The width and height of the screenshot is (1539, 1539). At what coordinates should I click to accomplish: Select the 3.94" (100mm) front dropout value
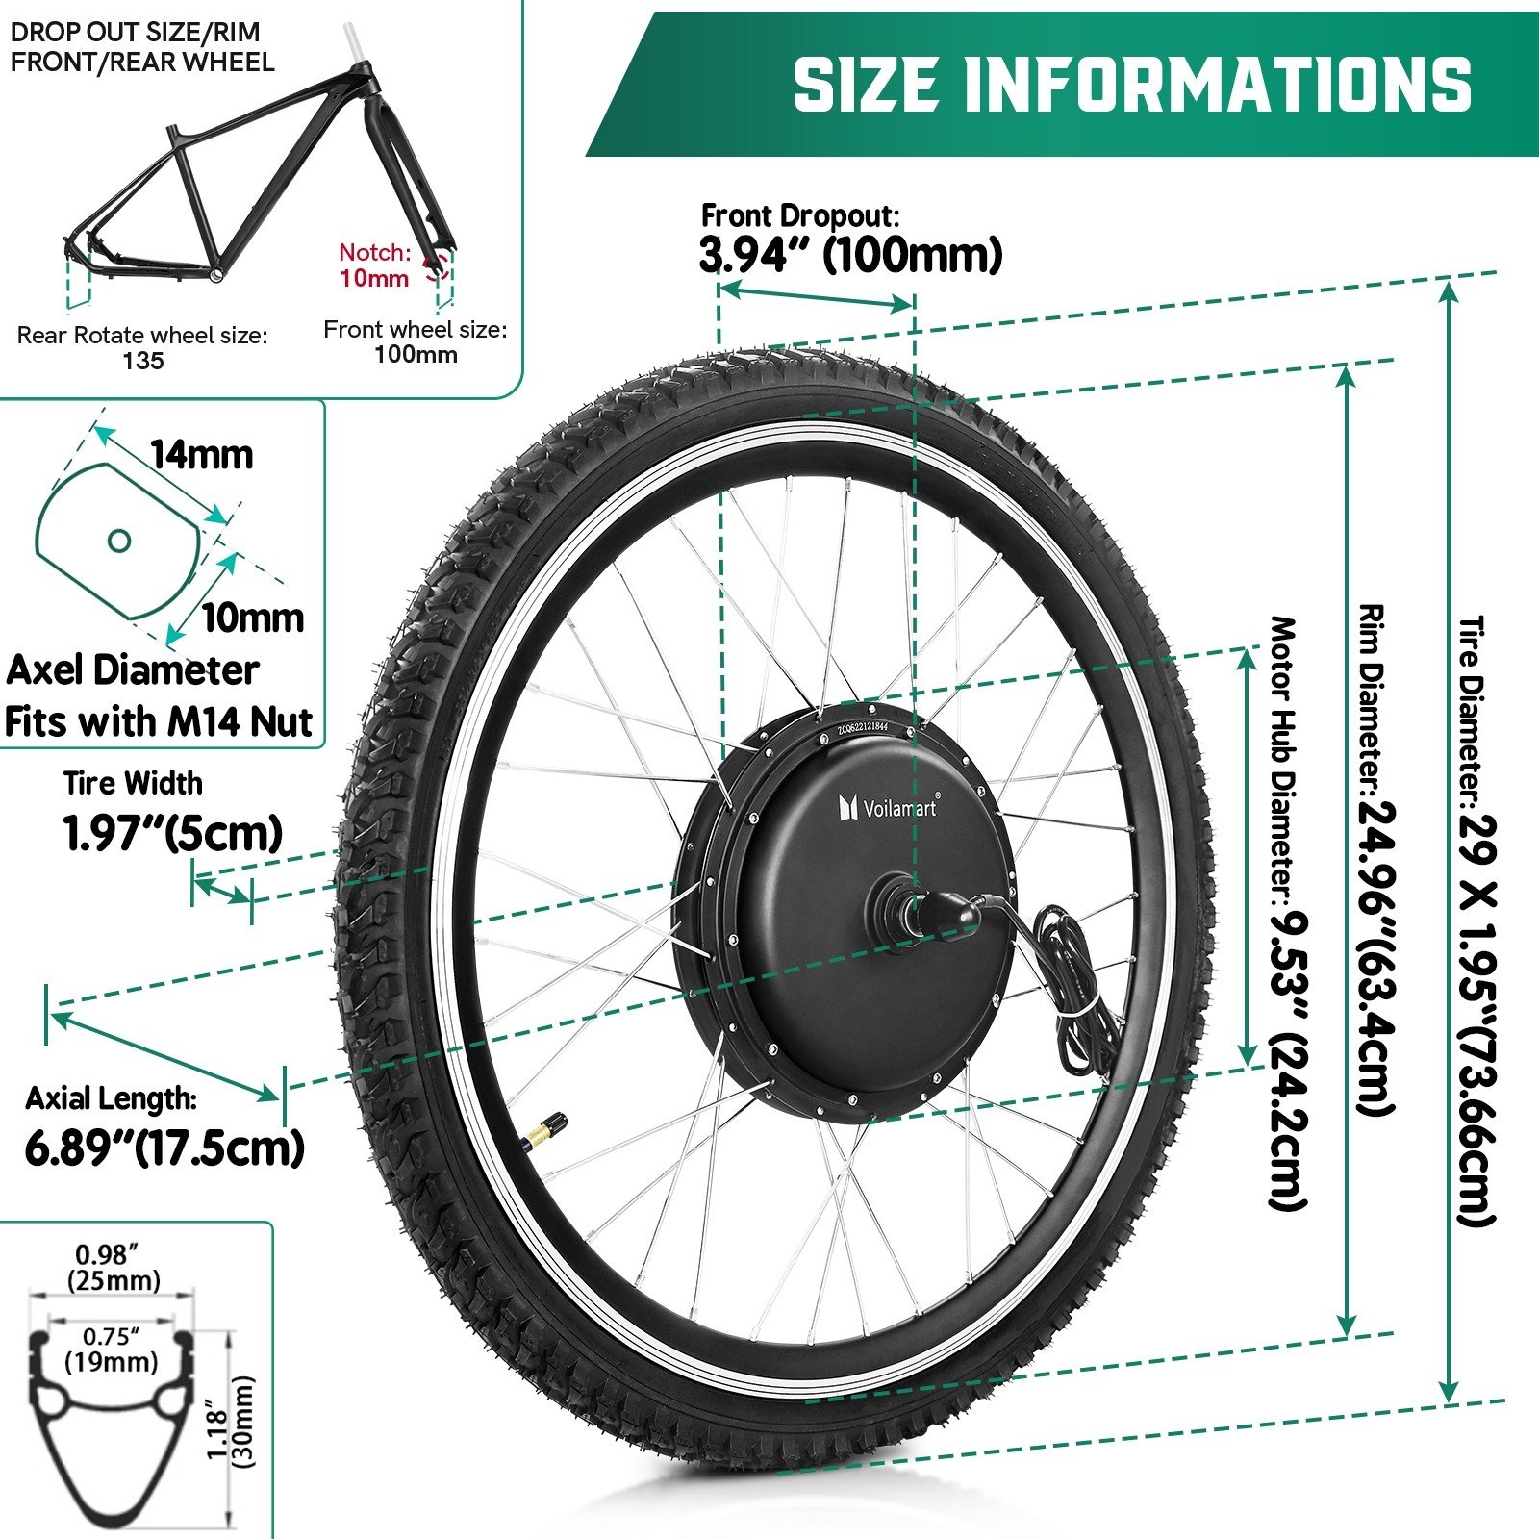coord(850,256)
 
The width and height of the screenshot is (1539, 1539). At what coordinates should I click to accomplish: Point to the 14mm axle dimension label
coord(201,454)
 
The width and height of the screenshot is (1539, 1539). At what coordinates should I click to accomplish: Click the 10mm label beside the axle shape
coord(252,617)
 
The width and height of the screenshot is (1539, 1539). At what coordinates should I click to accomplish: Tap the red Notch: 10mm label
coord(375,265)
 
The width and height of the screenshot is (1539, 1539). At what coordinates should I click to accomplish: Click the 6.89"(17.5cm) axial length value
coord(164,1148)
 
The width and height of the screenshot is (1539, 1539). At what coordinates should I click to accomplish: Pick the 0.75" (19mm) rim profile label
coord(112,1349)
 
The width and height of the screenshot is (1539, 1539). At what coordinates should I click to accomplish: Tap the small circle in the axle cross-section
coord(118,541)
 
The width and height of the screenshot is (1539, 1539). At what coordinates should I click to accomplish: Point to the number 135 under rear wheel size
coord(143,361)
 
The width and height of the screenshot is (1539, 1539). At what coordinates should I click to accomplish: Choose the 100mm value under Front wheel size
coord(416,354)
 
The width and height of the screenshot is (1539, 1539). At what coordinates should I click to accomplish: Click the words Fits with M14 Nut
coord(159,721)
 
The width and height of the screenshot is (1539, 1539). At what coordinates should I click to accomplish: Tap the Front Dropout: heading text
coord(799,214)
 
